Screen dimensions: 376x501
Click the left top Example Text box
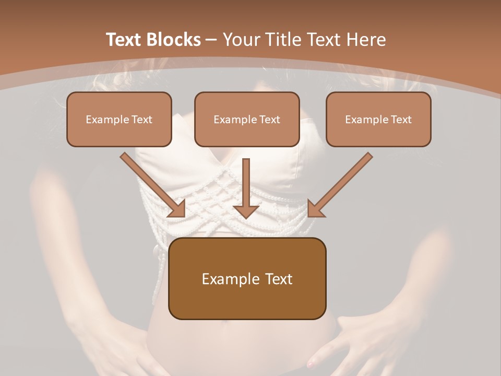tap(119, 120)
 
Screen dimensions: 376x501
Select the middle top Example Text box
tap(247, 120)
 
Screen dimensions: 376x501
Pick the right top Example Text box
tap(378, 120)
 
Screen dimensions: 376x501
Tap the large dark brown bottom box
tap(247, 279)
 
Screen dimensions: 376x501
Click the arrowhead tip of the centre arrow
tap(246, 216)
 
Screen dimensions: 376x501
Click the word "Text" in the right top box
tap(401, 120)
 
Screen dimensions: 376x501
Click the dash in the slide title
tap(211, 40)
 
